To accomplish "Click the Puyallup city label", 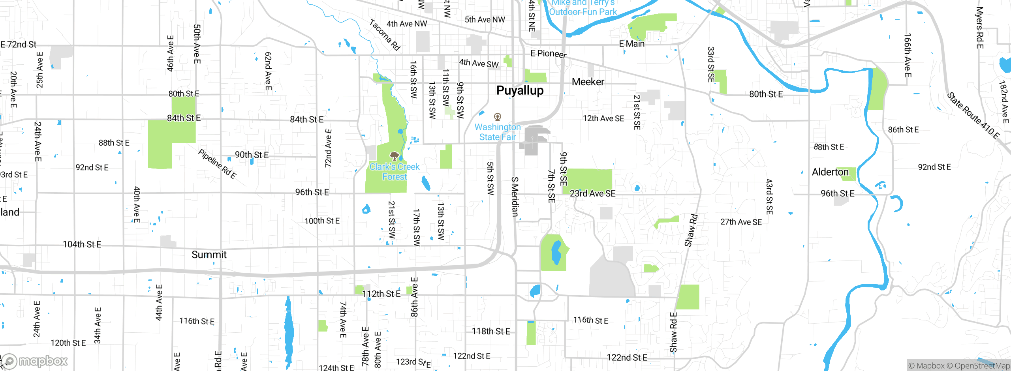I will pos(520,90).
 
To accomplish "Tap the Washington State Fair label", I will pos(498,132).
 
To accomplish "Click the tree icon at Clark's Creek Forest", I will pos(394,156).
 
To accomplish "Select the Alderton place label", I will pos(830,172).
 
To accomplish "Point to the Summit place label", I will pos(209,255).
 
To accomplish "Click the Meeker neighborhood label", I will pos(588,82).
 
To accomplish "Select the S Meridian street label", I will pos(515,197).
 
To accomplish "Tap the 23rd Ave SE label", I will pos(592,193).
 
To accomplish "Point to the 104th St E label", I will pos(82,244).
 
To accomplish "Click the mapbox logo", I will pos(35,361).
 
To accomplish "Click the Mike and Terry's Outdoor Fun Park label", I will pos(583,8).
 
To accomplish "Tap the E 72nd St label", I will pos(19,45).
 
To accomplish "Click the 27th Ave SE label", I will pos(741,222).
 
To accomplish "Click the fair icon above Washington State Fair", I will pos(498,117).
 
